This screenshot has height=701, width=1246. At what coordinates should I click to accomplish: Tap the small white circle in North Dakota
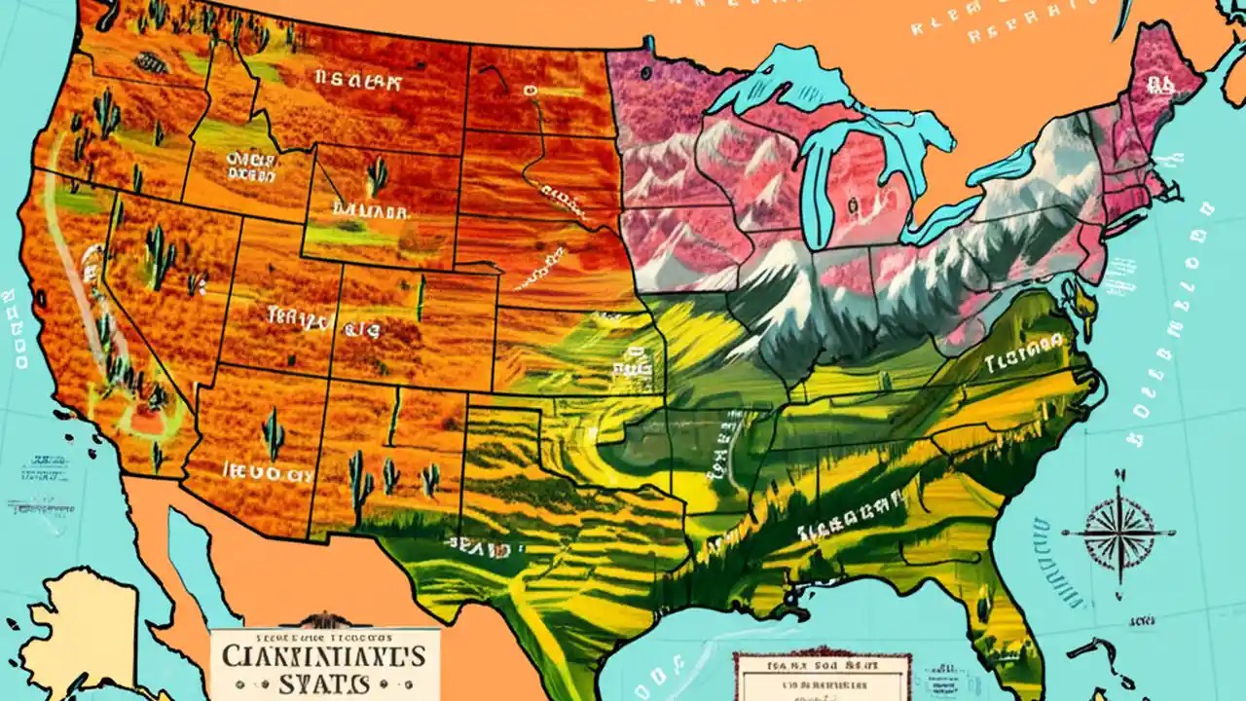pyautogui.click(x=531, y=91)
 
